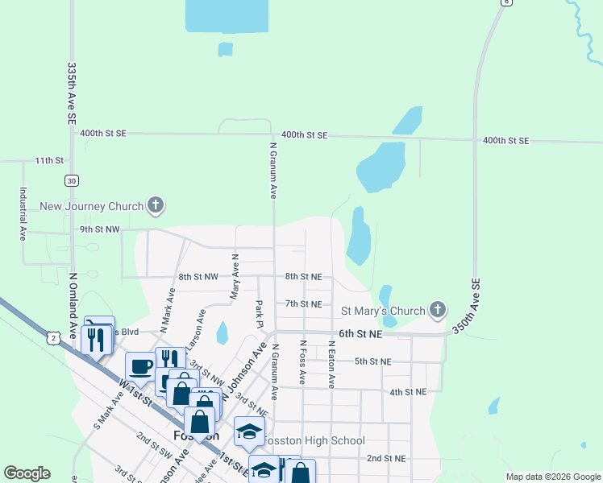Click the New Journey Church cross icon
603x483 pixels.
tap(156, 206)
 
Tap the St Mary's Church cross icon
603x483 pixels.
tap(437, 310)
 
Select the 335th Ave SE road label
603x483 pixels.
tap(72, 93)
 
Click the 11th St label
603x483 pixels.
tap(48, 161)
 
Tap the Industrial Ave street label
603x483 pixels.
tap(23, 214)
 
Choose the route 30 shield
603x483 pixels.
tap(72, 180)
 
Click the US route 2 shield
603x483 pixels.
tap(53, 339)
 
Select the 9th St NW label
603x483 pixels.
tap(100, 229)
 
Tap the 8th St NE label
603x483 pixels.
tap(303, 277)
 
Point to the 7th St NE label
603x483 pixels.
tap(303, 304)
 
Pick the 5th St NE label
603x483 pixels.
tap(372, 361)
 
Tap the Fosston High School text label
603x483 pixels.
tap(314, 440)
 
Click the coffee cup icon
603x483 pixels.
tap(142, 366)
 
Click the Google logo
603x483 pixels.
tap(27, 473)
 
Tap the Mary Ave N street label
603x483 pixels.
tap(235, 277)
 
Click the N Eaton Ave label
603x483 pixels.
tap(331, 364)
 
